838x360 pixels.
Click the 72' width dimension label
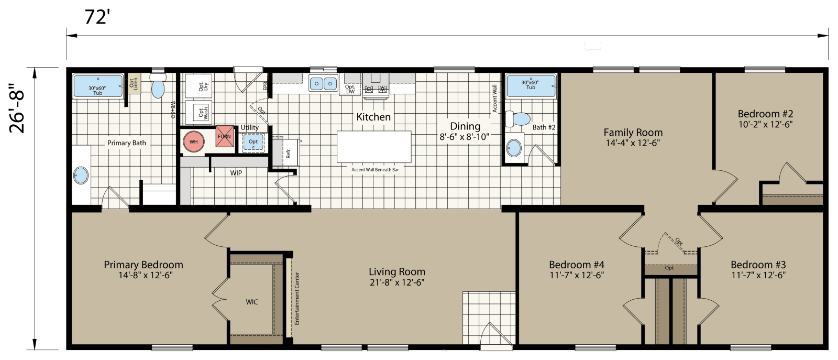tap(97, 17)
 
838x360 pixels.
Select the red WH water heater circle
tap(194, 141)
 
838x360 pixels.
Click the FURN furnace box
tap(224, 136)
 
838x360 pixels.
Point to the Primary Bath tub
tap(98, 86)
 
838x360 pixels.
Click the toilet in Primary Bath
tap(158, 86)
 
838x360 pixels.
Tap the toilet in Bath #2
tap(519, 119)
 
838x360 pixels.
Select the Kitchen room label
tap(373, 117)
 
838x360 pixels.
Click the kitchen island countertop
tap(374, 147)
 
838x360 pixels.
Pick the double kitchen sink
tap(323, 83)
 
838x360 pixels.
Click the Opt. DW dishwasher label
tap(350, 90)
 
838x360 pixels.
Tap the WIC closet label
tap(252, 302)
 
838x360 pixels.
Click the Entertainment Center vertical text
tap(297, 298)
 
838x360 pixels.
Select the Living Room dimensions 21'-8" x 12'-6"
tap(397, 282)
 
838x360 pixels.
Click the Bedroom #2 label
tap(765, 114)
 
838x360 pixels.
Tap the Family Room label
tap(633, 133)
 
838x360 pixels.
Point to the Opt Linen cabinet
tap(134, 83)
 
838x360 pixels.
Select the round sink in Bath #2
tap(514, 148)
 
